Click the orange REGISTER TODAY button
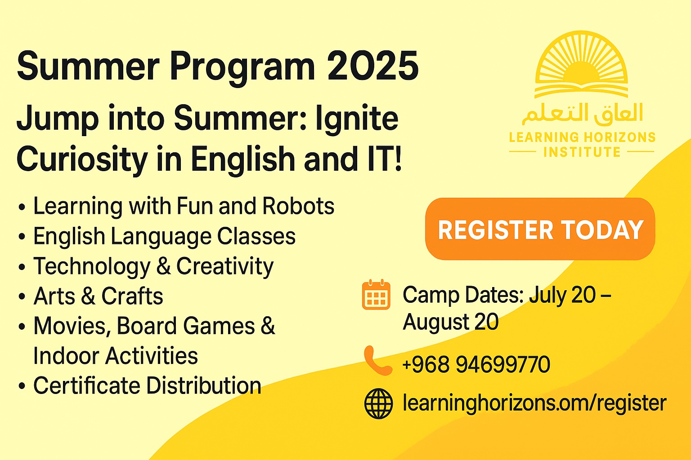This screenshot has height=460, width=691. pyautogui.click(x=540, y=229)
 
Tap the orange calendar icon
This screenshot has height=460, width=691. pyautogui.click(x=376, y=295)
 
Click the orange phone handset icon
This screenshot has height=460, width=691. pyautogui.click(x=377, y=361)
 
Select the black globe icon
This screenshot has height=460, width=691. pyautogui.click(x=378, y=403)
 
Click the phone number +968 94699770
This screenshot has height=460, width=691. pyautogui.click(x=476, y=364)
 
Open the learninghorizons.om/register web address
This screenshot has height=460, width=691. pyautogui.click(x=534, y=403)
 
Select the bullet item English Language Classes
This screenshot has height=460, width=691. pyautogui.click(x=164, y=236)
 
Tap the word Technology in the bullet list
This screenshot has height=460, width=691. pyautogui.click(x=92, y=266)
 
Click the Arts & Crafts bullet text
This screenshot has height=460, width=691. pyautogui.click(x=98, y=296)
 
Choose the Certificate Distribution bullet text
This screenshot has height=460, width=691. pyautogui.click(x=147, y=385)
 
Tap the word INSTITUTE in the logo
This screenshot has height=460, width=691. pyautogui.click(x=582, y=152)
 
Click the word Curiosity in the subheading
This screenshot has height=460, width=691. pyautogui.click(x=82, y=159)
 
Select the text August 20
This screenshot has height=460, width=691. pyautogui.click(x=451, y=322)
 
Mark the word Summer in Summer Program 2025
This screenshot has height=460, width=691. pyautogui.click(x=88, y=66)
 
